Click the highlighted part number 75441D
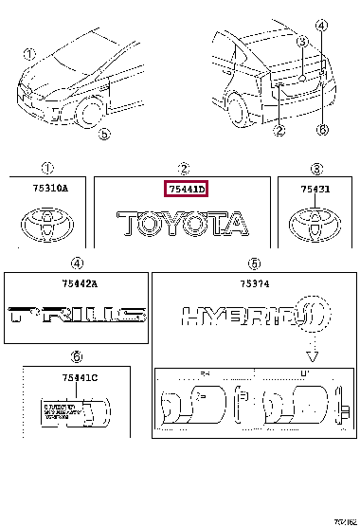(187, 190)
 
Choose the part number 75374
(254, 282)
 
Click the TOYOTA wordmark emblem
(181, 225)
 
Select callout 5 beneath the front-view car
(104, 136)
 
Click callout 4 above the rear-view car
(321, 26)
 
